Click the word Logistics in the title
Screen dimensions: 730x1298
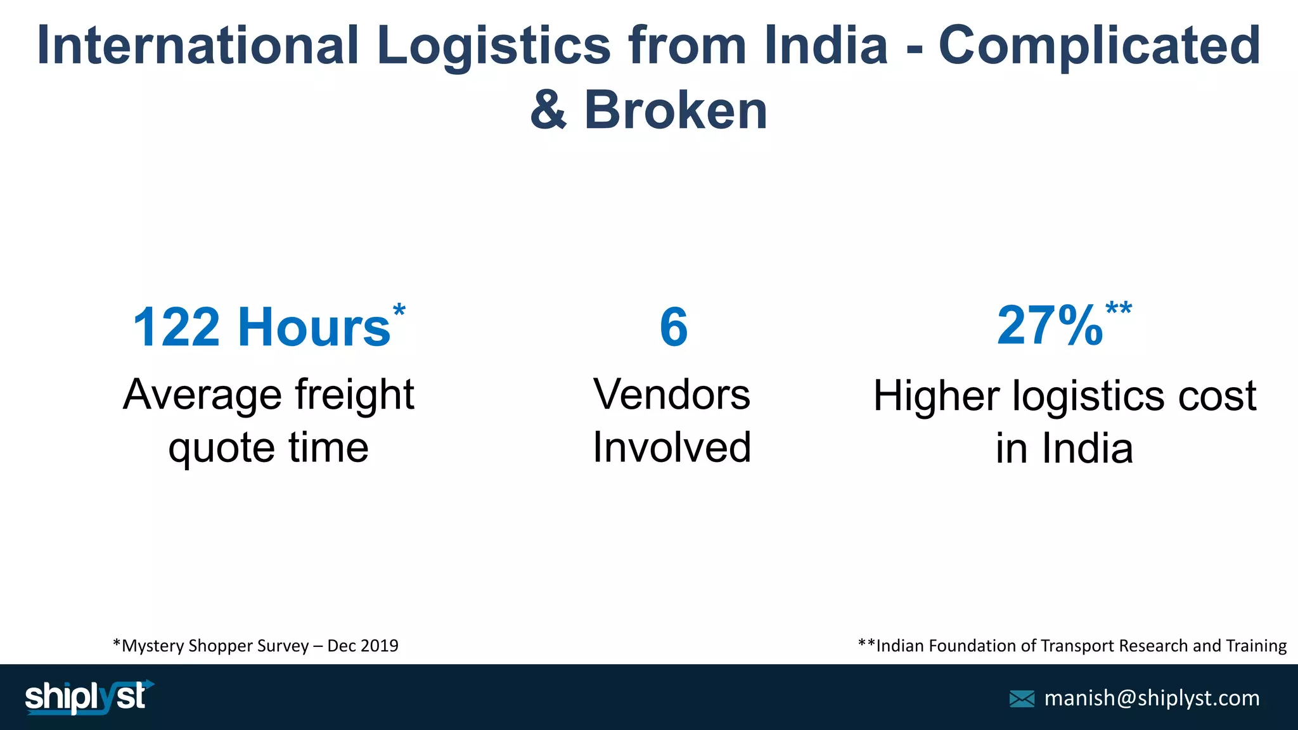(494, 46)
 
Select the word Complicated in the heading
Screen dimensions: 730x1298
(1100, 46)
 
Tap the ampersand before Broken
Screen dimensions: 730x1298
(548, 110)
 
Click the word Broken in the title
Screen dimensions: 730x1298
(676, 110)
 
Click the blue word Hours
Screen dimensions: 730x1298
(314, 327)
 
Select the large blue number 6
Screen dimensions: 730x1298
(673, 327)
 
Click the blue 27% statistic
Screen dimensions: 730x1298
(1050, 326)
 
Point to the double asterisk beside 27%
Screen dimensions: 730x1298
(1119, 310)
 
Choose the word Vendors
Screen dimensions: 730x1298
(672, 395)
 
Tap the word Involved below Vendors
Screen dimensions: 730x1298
(672, 447)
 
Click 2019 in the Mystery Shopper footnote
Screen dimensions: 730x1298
(380, 646)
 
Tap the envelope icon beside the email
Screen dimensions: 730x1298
(1022, 698)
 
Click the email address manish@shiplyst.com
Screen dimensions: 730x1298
(1152, 698)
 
